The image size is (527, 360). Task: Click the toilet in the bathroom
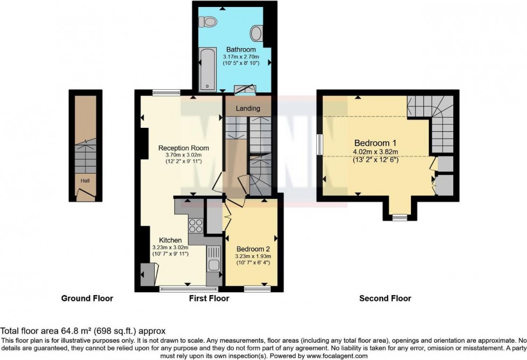tap(208, 22)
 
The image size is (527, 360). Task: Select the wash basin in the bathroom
tap(257, 33)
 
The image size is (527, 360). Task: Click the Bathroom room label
tap(241, 49)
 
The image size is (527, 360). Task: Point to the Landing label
tap(248, 109)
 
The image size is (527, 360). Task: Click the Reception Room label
tap(183, 148)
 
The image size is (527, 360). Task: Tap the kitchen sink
tap(213, 264)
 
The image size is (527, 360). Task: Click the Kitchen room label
tap(170, 240)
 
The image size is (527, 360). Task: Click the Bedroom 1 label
tap(375, 143)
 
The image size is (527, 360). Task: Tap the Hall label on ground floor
tap(85, 181)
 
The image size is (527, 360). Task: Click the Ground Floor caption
tap(87, 298)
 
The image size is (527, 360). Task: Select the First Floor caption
tap(209, 298)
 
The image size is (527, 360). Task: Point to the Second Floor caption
tap(385, 298)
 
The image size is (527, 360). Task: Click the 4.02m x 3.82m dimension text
tap(375, 152)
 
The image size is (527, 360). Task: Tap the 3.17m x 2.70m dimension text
tap(241, 56)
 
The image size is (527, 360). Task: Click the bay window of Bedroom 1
tap(399, 217)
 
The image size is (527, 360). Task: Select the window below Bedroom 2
tap(252, 289)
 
